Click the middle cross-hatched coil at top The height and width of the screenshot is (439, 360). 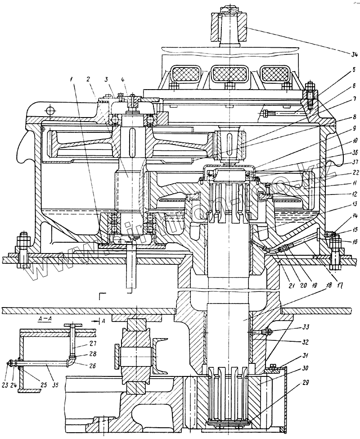click(228, 72)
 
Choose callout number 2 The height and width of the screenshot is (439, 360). click(90, 79)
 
